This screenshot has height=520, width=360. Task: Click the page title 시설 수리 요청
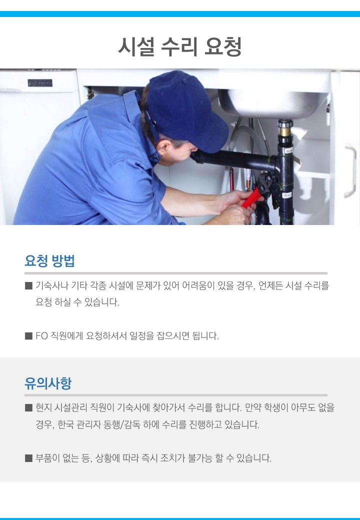coord(180,46)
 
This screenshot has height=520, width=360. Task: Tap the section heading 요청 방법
coord(49,260)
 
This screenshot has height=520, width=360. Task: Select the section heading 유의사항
coord(48,383)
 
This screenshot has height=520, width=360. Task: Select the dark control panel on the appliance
coord(40,83)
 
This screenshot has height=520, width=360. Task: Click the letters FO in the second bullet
coord(42,336)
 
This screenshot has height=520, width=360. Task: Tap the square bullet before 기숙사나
coord(28,285)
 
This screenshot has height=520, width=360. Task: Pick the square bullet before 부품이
coord(28,458)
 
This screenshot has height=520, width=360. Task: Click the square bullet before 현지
coord(28,407)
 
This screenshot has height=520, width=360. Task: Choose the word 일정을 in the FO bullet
coord(142,336)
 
